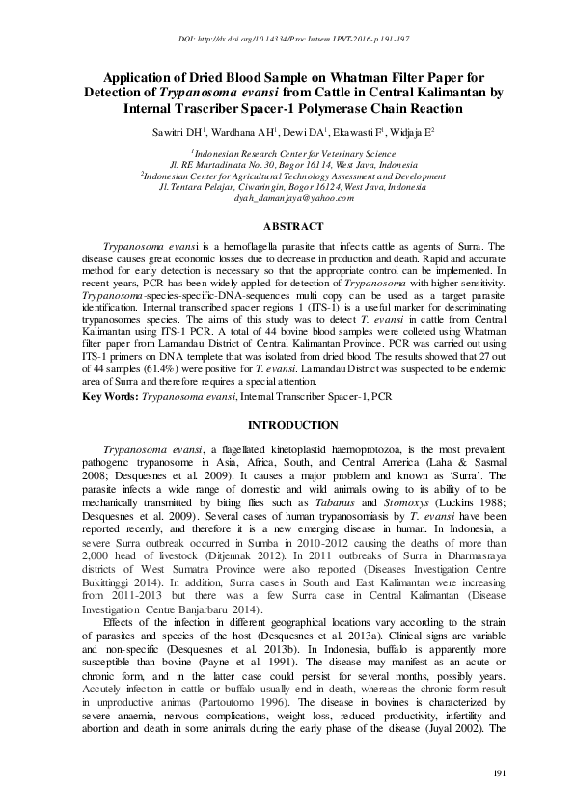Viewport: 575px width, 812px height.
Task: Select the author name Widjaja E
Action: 406,131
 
